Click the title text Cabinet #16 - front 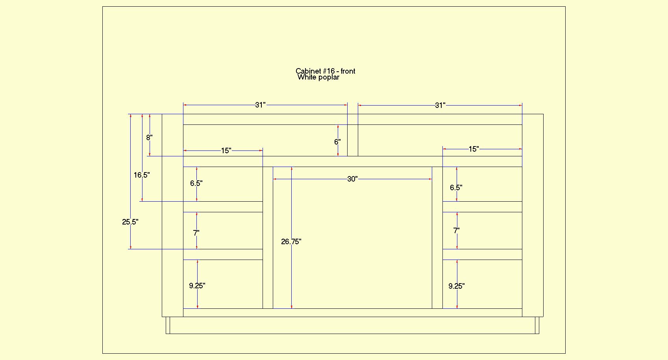click(326, 71)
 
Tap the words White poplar click(318, 77)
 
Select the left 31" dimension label click(260, 105)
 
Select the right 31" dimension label click(440, 106)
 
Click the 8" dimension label click(149, 137)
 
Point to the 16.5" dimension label click(142, 175)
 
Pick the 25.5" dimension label click(130, 222)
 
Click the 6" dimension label click(337, 142)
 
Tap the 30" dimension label click(352, 179)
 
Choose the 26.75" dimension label click(291, 242)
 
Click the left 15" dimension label click(226, 151)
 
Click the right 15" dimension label click(474, 149)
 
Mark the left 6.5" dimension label click(196, 183)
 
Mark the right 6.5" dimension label click(456, 188)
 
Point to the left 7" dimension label click(196, 233)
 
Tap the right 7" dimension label click(456, 231)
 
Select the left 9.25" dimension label click(197, 286)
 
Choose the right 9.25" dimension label click(457, 286)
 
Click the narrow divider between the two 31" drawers click(353, 140)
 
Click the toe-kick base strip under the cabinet click(352, 325)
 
